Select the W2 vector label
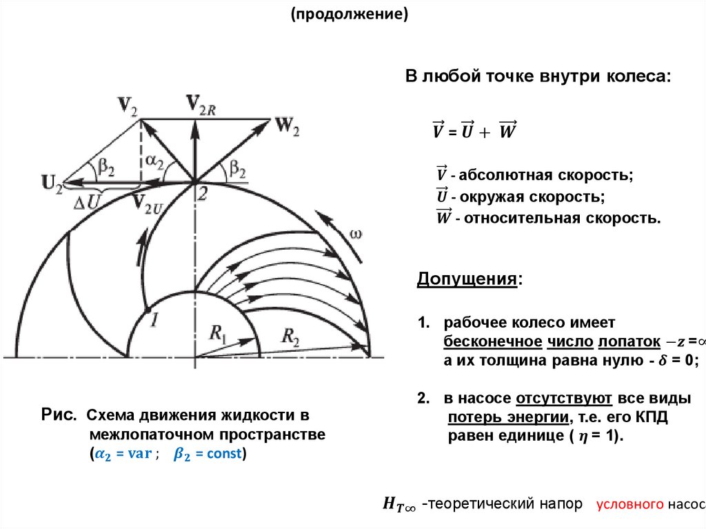click(287, 126)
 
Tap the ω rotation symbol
click(356, 234)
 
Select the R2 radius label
click(291, 337)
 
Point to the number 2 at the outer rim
click(202, 194)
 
